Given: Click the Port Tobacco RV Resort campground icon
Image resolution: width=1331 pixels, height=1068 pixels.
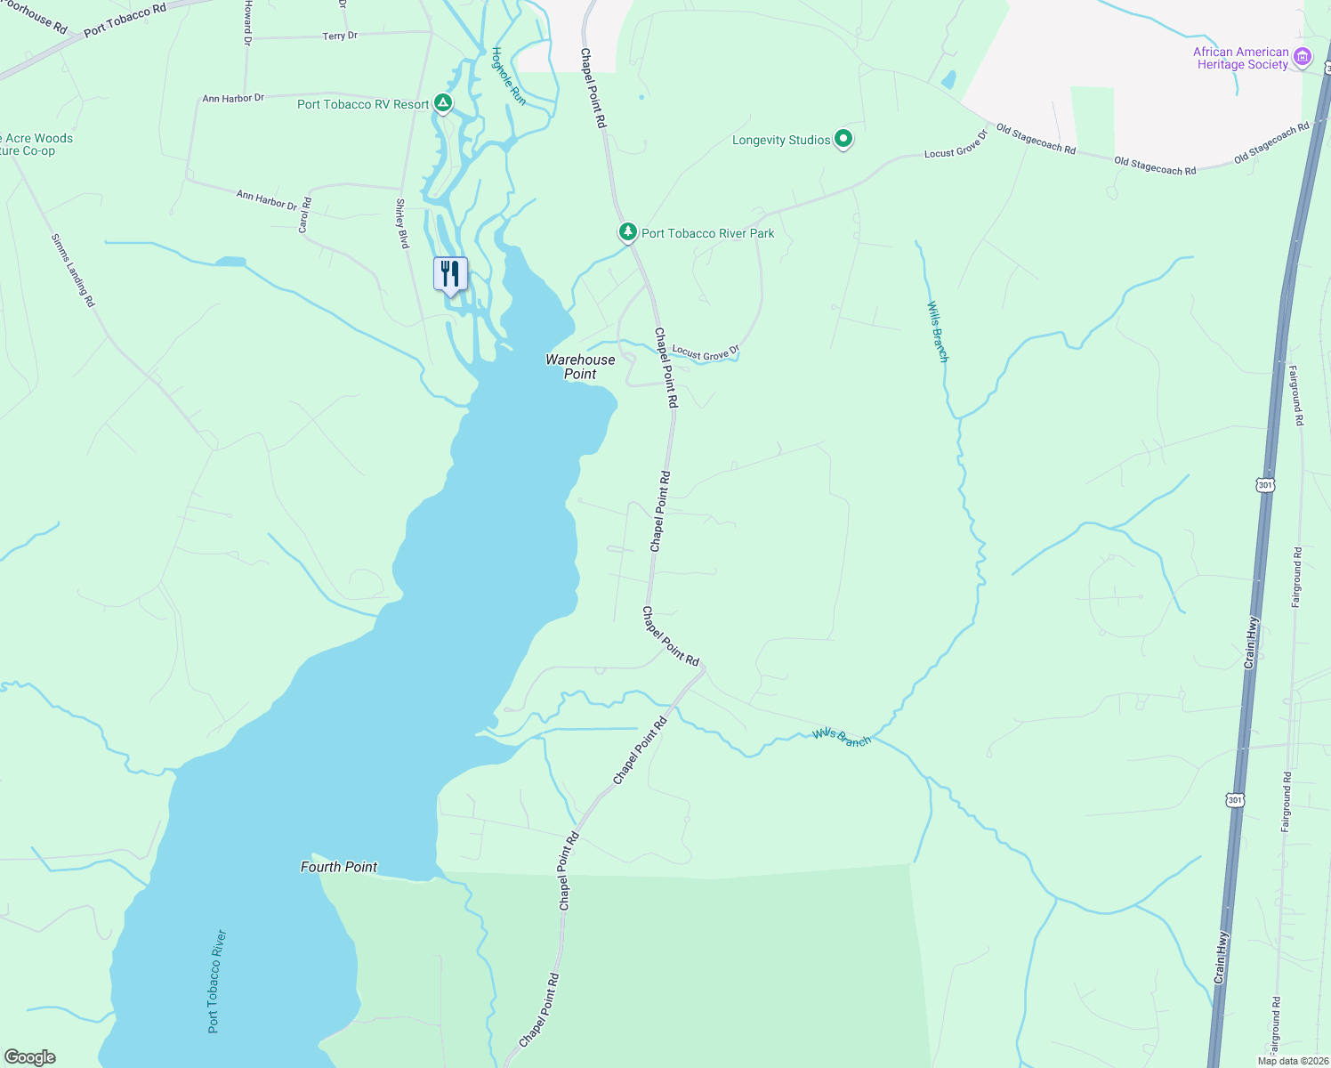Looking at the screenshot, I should (x=442, y=104).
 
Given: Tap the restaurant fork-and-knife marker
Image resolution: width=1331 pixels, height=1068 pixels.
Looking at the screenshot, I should (x=450, y=273).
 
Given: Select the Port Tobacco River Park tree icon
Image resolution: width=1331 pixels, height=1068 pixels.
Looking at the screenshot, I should (x=628, y=232).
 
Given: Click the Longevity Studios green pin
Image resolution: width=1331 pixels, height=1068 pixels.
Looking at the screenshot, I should (x=843, y=139).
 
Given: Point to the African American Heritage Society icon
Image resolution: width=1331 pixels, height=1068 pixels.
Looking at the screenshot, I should (x=1303, y=58).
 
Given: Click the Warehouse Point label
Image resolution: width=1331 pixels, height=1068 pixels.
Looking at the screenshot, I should (x=580, y=367).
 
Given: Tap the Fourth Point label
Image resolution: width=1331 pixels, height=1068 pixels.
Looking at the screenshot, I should (x=339, y=867).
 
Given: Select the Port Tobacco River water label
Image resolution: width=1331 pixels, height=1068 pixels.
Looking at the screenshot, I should (x=217, y=982).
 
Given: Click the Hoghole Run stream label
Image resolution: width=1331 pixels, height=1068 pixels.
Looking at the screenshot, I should (x=509, y=76).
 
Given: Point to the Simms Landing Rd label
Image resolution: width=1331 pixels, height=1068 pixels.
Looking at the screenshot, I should (x=73, y=271).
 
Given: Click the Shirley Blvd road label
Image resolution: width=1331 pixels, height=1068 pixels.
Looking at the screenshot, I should (x=402, y=223).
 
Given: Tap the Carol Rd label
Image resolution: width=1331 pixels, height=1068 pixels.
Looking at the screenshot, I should (x=304, y=215).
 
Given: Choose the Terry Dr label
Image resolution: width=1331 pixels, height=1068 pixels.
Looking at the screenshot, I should (x=340, y=36).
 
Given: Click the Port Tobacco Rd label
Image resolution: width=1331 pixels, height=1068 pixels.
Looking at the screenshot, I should (x=125, y=20).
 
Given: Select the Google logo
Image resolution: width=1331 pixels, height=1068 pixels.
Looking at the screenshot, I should (x=29, y=1057).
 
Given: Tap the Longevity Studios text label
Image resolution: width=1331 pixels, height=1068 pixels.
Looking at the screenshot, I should (x=781, y=140).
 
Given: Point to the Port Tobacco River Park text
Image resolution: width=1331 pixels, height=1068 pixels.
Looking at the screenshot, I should (x=707, y=233).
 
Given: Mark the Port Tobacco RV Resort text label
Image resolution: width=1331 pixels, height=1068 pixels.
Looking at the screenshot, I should (x=363, y=104).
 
